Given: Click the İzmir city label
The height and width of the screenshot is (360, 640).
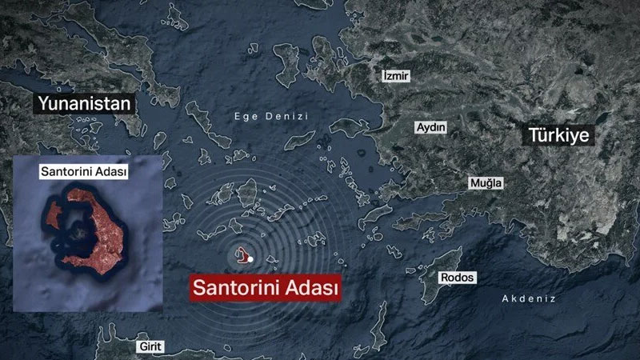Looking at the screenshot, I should point(396,76).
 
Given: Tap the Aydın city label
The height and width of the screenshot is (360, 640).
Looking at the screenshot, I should point(431,128).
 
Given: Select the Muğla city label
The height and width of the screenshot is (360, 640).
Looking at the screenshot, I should point(486,183).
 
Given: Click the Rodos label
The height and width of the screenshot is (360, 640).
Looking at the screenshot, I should point(458,278).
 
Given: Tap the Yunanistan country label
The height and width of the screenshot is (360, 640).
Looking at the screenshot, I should point(82,104).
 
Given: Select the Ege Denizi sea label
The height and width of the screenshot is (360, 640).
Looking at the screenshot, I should point(270,116).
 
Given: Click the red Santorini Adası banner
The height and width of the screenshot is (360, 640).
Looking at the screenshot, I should point(264,287).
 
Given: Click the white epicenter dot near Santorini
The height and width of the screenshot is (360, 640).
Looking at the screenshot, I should point(250,259).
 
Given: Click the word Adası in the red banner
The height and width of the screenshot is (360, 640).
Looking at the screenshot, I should point(310,287).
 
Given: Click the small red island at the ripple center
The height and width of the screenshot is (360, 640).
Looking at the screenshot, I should point(242,256).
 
